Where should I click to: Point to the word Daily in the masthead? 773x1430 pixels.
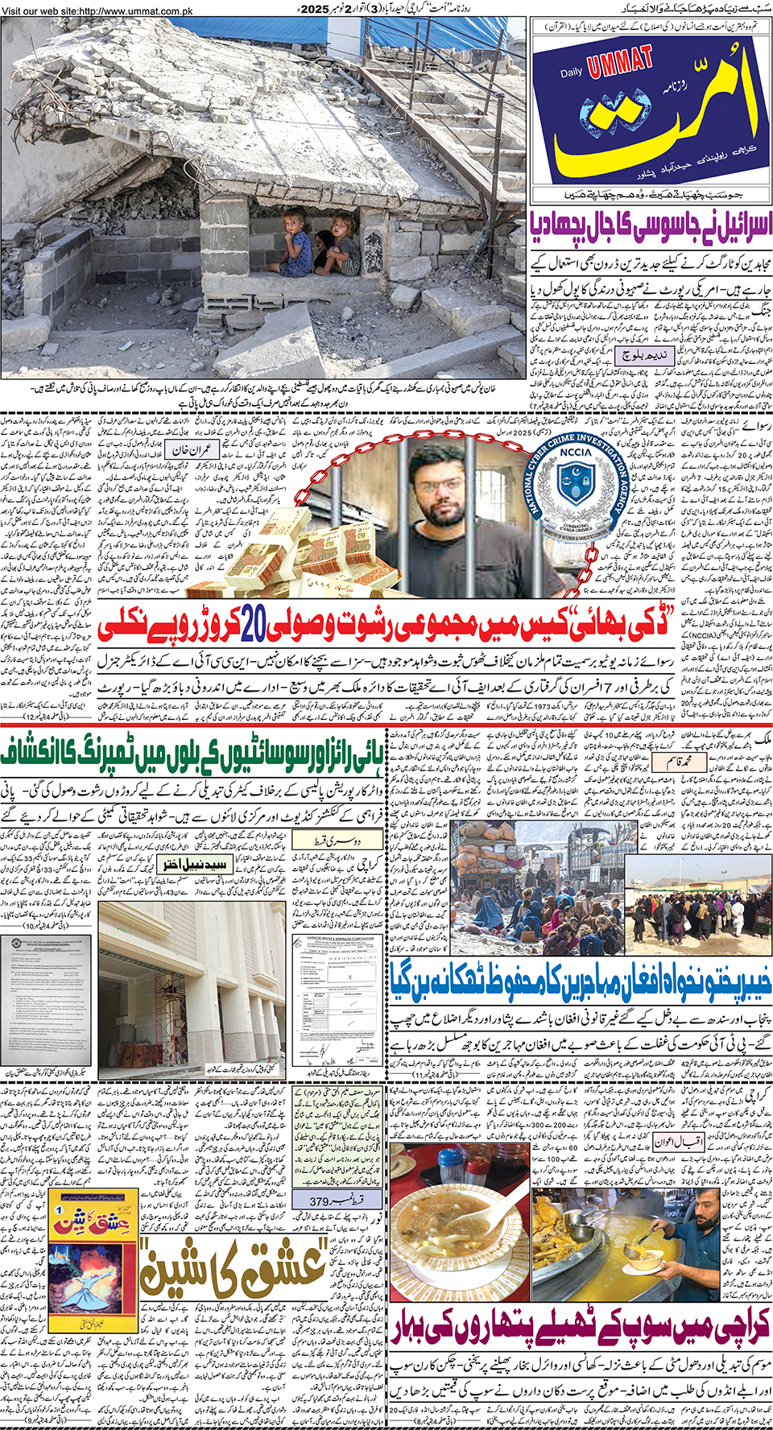coord(572,72)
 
